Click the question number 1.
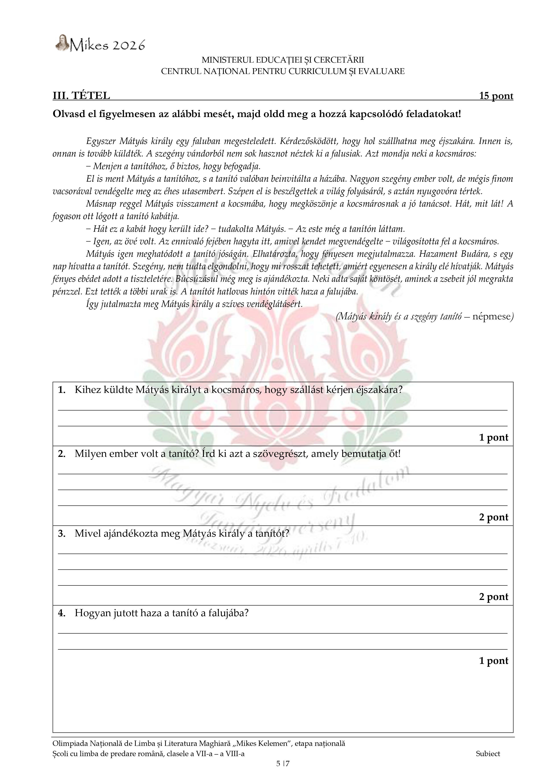click(62, 390)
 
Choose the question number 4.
click(62, 613)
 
